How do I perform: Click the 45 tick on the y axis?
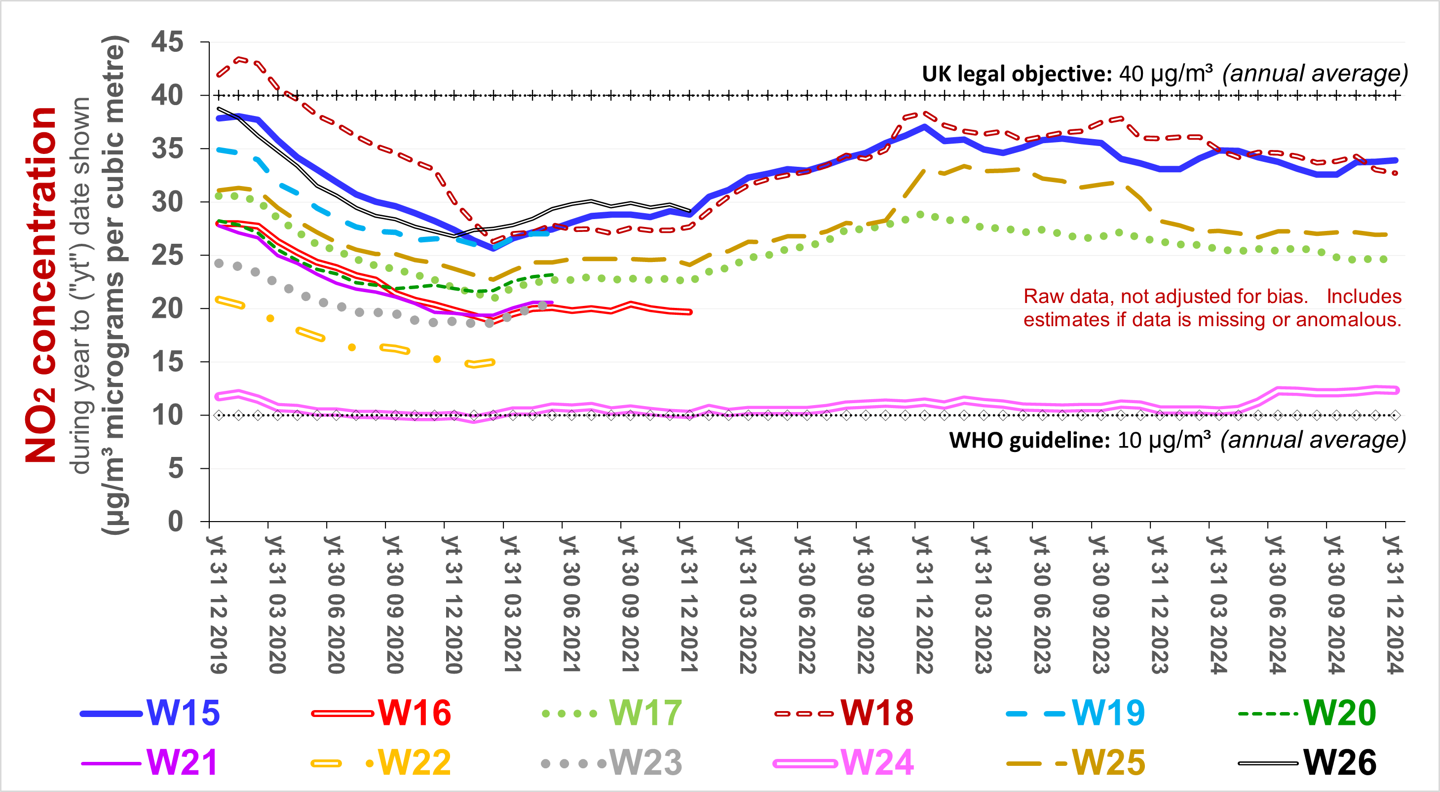tap(167, 42)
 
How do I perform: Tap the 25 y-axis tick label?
tap(167, 256)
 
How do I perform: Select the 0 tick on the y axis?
tap(176, 522)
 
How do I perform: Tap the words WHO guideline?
tap(1028, 441)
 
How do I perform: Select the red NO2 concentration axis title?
tap(40, 285)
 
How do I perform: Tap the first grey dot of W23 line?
tap(219, 263)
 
